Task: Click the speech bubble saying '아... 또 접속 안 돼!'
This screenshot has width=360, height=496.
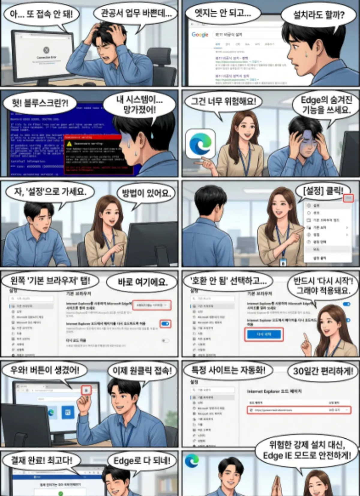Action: coord(41,14)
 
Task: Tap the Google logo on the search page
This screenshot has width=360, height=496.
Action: coord(200,35)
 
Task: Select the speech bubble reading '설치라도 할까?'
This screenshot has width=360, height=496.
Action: coord(319,15)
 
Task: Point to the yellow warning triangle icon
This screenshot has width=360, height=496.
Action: coord(69,144)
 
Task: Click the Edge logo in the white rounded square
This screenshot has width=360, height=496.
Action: coord(200,144)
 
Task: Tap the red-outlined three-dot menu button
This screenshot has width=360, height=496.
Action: coord(348,198)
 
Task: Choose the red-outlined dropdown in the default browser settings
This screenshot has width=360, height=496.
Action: coord(152,305)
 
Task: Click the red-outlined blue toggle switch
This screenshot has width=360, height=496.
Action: coord(165,324)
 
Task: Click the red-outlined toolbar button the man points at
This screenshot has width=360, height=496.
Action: coord(86,390)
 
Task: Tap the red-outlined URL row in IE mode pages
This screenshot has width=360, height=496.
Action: coord(299,410)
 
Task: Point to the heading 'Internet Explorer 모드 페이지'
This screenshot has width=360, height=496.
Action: coord(274,392)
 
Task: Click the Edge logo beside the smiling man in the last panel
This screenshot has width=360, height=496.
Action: coord(192,461)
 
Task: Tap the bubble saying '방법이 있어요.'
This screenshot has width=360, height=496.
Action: coord(146,193)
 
